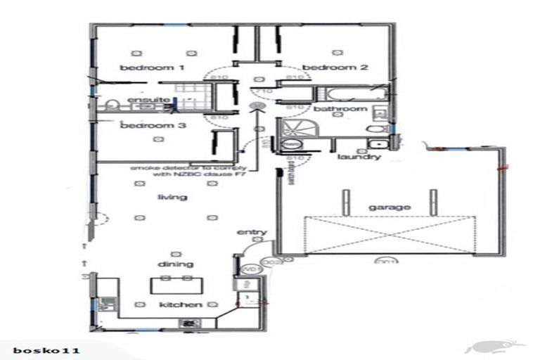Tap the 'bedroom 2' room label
pyautogui.click(x=335, y=68)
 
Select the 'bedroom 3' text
pyautogui.click(x=153, y=126)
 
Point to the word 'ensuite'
pyautogui.click(x=148, y=100)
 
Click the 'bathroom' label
pyautogui.click(x=340, y=110)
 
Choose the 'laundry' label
pyautogui.click(x=359, y=157)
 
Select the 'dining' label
pyautogui.click(x=176, y=264)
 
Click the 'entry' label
pyautogui.click(x=250, y=232)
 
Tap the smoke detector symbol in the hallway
pyautogui.click(x=257, y=107)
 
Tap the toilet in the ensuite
pyautogui.click(x=112, y=107)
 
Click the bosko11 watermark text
pyautogui.click(x=46, y=349)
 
